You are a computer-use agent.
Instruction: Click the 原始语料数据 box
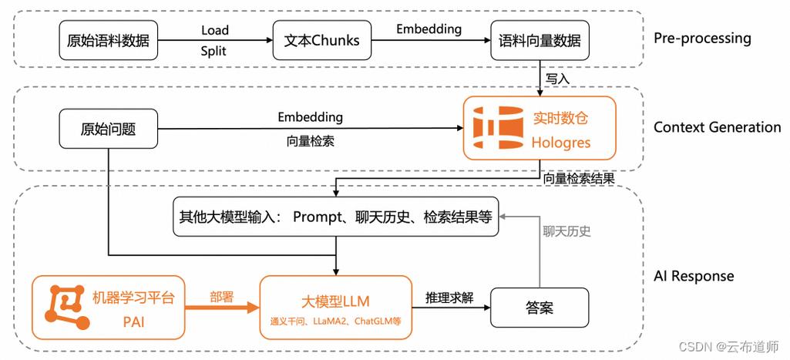click(108, 41)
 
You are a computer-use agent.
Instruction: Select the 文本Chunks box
click(321, 41)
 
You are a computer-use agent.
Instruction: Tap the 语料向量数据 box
click(540, 41)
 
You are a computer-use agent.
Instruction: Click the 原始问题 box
click(108, 129)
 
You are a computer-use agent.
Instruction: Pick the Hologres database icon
click(496, 129)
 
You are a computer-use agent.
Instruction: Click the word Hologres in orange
click(560, 143)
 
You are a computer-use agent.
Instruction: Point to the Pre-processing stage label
click(701, 39)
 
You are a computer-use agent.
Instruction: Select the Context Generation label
click(717, 127)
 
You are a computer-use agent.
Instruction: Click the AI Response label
click(694, 276)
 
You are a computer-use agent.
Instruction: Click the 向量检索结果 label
click(578, 179)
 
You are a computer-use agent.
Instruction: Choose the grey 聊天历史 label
click(566, 230)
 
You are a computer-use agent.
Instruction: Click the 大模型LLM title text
click(334, 300)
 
